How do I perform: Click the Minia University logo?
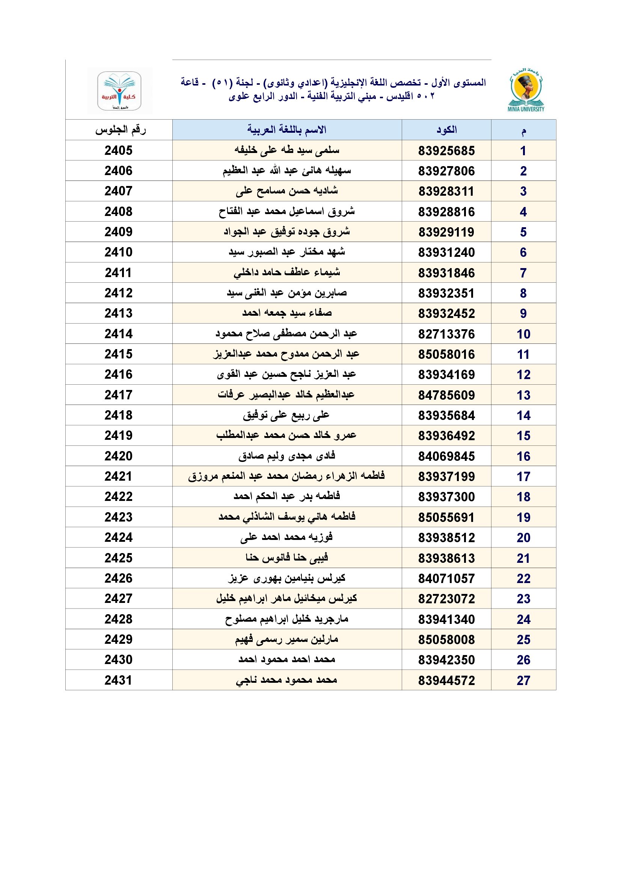[526, 91]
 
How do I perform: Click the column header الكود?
[446, 130]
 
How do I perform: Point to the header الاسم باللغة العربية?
[287, 130]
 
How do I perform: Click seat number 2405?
[119, 150]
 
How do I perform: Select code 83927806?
[446, 171]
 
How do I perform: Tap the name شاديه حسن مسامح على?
[287, 191]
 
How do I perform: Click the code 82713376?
[446, 334]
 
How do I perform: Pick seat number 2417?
[119, 394]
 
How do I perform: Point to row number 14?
[523, 415]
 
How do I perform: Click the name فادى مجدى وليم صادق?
[287, 456]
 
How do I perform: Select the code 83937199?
[446, 476]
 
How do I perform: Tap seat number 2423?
[119, 517]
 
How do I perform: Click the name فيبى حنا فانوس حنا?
[287, 558]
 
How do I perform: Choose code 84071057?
[446, 578]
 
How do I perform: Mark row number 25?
[523, 639]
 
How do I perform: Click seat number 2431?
[119, 680]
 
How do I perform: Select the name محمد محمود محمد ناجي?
[287, 680]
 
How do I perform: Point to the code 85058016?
[446, 354]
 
